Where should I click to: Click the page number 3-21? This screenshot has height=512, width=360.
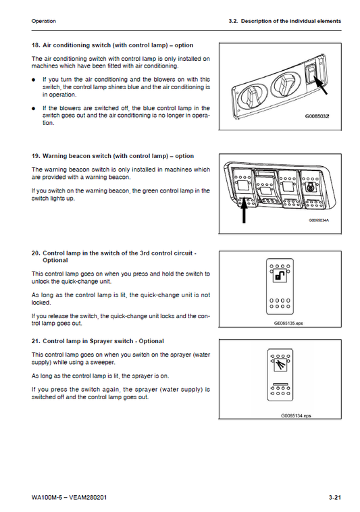(x=334, y=497)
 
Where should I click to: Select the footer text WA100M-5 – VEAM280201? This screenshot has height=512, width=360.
(x=69, y=497)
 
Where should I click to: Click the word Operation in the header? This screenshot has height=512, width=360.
(x=43, y=21)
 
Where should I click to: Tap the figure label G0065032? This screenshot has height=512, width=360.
(x=317, y=116)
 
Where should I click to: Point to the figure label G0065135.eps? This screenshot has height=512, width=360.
(x=288, y=323)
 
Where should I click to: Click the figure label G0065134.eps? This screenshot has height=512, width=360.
(x=296, y=415)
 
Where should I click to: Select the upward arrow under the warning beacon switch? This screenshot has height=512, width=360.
(x=243, y=211)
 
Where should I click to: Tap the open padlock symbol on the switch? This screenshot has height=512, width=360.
(x=280, y=276)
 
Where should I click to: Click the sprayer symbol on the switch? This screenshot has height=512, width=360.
(x=280, y=365)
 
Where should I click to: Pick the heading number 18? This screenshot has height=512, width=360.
(x=36, y=45)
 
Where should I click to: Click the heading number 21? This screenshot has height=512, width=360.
(x=36, y=341)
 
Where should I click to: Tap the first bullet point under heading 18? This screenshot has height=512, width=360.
(x=33, y=80)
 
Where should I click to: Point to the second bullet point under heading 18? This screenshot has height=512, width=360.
(x=33, y=108)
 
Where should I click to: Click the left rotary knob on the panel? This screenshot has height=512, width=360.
(x=252, y=97)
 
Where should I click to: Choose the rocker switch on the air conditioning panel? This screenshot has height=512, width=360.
(x=311, y=74)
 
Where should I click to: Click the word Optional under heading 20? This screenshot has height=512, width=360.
(x=55, y=260)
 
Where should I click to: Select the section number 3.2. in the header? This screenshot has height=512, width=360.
(x=234, y=21)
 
